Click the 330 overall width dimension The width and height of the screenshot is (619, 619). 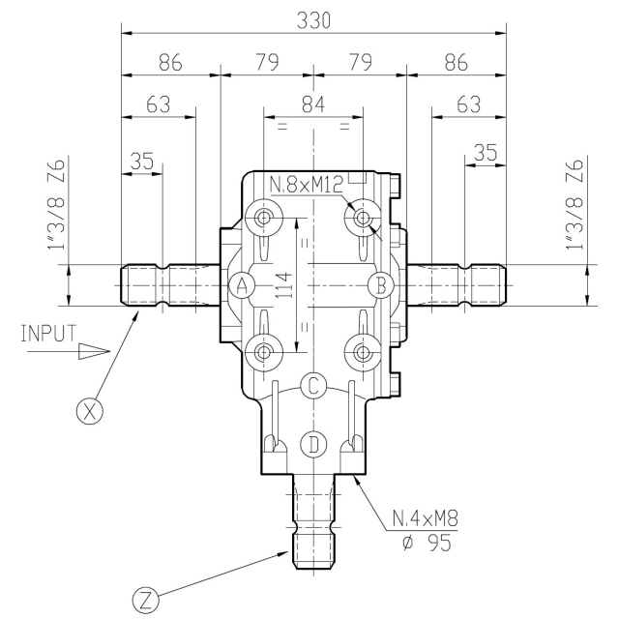(313, 21)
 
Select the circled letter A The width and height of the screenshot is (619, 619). (243, 285)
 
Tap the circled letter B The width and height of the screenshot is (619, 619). (380, 285)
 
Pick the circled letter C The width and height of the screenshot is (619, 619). (313, 386)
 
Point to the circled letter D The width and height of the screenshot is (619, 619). (313, 445)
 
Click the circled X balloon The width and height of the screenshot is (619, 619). (90, 411)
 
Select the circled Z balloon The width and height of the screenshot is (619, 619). (146, 601)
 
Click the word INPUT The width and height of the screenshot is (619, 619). (48, 334)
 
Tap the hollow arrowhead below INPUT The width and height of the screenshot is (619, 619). (94, 351)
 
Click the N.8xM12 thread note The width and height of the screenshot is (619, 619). (307, 185)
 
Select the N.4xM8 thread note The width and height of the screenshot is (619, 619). (426, 518)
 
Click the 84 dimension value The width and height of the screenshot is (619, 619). (313, 105)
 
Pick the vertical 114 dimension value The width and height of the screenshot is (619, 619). (285, 285)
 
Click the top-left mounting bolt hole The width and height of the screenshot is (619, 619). (264, 218)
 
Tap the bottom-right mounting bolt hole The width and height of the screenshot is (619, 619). (363, 352)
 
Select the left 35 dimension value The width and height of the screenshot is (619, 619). (142, 162)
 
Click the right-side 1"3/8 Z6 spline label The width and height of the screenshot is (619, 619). (575, 204)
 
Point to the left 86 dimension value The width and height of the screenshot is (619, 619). (170, 63)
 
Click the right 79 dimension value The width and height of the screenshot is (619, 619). (360, 63)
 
